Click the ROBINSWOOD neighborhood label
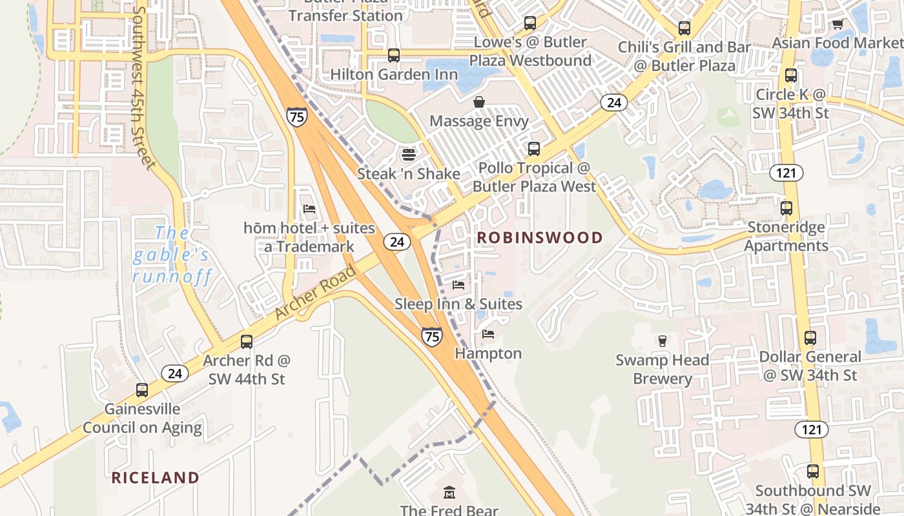[539, 237]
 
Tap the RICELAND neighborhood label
[155, 477]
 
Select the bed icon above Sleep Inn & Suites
[458, 284]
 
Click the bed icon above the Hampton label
[488, 334]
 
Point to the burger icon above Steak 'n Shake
[408, 154]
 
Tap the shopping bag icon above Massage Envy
[479, 102]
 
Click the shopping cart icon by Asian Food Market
[837, 25]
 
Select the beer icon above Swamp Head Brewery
[662, 341]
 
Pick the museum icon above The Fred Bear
[449, 493]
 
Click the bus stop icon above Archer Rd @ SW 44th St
[246, 341]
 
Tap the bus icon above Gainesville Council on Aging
[142, 390]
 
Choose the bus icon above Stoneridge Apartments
[786, 208]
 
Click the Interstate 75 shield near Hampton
[432, 336]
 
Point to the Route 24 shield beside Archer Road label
[396, 242]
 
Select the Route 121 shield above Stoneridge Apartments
[786, 173]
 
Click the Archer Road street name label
[316, 292]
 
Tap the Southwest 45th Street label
[143, 87]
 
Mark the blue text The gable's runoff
[171, 255]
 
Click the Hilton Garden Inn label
[394, 74]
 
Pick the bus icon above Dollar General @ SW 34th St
[810, 338]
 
